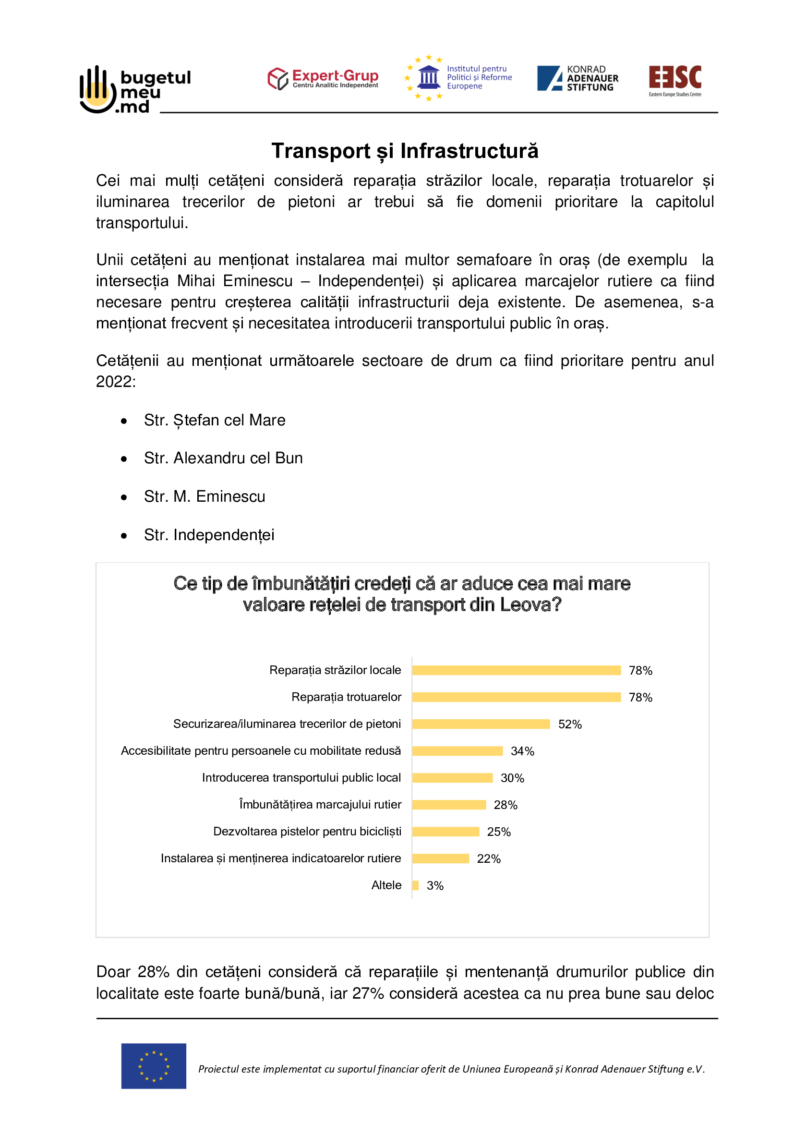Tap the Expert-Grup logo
tap(323, 79)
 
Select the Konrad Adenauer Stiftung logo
tap(577, 78)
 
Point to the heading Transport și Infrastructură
tap(405, 151)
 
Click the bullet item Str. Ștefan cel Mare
tap(214, 420)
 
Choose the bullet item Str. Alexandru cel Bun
tap(223, 459)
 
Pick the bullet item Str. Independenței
tap(209, 535)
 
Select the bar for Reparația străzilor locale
tap(517, 671)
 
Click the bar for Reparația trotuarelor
tap(517, 698)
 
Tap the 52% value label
tap(570, 725)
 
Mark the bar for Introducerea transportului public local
tap(452, 778)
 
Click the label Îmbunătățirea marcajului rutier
tap(320, 805)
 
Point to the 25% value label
tap(499, 832)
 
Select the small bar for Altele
tap(416, 885)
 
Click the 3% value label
tap(435, 886)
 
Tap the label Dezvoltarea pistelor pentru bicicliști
tap(307, 832)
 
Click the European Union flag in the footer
tap(154, 1066)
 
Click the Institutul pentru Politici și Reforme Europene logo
tap(458, 78)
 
